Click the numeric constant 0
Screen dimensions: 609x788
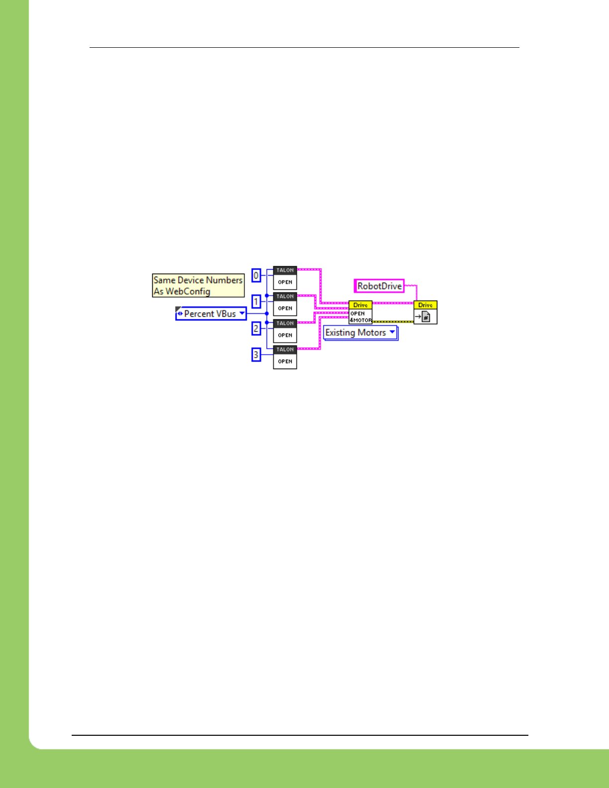[x=256, y=276]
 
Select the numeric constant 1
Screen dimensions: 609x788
[x=256, y=301]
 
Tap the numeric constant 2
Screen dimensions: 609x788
[x=256, y=328]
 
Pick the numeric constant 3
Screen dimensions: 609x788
[x=256, y=355]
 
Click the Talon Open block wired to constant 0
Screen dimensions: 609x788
[x=285, y=278]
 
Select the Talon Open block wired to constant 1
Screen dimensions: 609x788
[x=285, y=304]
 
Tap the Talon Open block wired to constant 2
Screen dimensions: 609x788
[x=285, y=331]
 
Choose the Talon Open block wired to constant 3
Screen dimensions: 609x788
[x=285, y=357]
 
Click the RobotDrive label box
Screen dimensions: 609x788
[x=379, y=286]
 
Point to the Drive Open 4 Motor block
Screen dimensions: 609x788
[x=360, y=312]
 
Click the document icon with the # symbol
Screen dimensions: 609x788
[x=426, y=316]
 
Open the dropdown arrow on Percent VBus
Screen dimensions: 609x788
[x=242, y=313]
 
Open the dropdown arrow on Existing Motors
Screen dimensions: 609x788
[x=393, y=332]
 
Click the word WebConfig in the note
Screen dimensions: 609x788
[x=188, y=292]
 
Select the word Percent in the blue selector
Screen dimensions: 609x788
[x=199, y=314]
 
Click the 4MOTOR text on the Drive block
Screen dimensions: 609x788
[x=361, y=320]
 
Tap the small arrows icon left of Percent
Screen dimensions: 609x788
[x=180, y=314]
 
